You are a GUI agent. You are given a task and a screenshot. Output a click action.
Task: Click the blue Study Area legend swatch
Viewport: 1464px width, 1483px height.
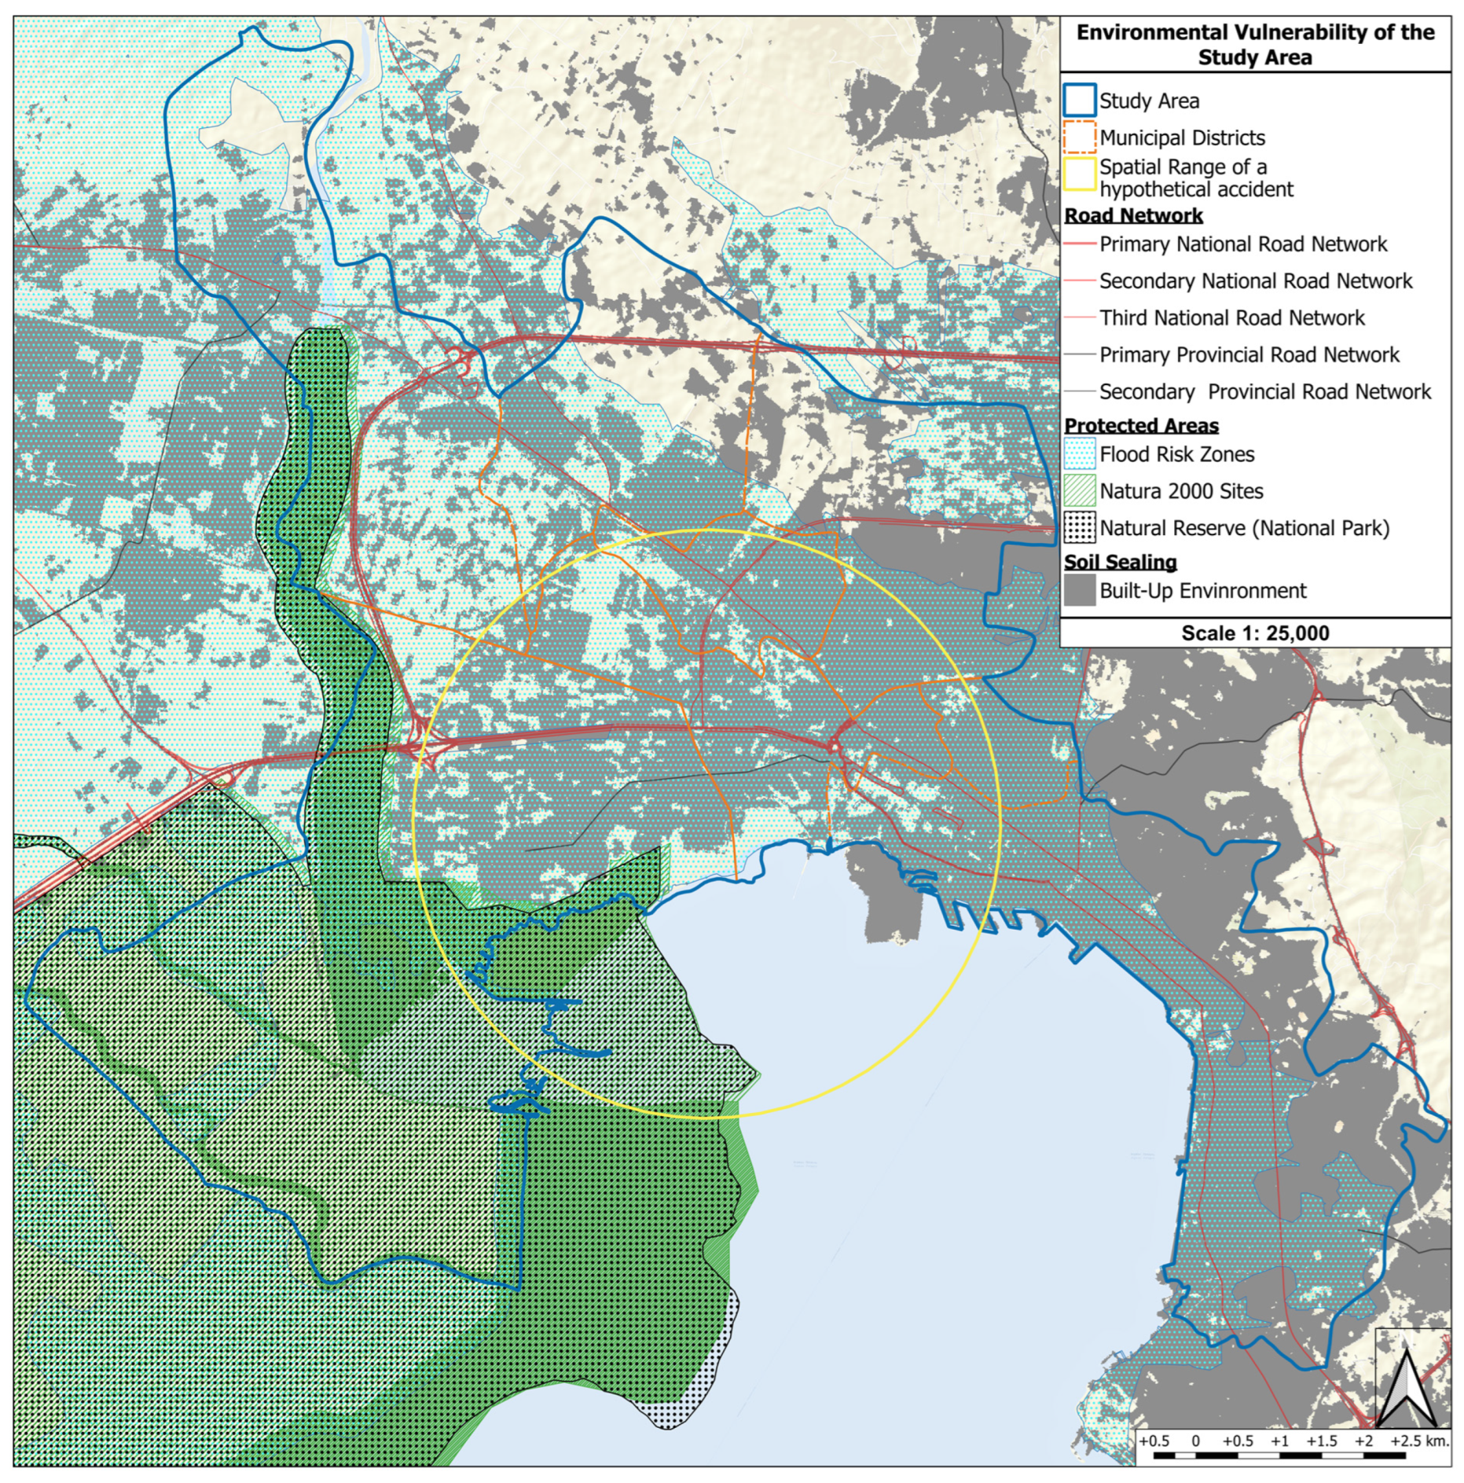click(1079, 101)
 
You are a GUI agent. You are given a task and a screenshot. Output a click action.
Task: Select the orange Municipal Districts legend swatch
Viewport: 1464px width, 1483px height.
click(1079, 138)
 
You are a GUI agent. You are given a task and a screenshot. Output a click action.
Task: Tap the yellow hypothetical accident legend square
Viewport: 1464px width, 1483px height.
click(1079, 175)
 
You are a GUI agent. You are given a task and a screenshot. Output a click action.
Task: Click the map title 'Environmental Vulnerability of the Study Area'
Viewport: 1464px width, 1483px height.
click(1254, 45)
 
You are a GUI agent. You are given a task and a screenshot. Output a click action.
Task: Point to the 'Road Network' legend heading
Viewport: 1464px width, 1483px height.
click(1132, 215)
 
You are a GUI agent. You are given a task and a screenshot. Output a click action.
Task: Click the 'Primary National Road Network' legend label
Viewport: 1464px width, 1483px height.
click(1242, 244)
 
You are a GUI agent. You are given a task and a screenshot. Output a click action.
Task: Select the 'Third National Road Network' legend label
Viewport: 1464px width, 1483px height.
click(1231, 318)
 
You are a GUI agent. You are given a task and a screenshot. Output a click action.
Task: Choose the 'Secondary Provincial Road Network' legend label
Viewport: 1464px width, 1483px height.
click(1264, 391)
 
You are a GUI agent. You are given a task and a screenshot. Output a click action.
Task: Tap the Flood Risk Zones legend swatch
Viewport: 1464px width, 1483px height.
click(1079, 454)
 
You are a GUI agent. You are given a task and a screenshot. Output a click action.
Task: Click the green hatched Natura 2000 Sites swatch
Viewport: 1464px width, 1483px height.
click(1079, 491)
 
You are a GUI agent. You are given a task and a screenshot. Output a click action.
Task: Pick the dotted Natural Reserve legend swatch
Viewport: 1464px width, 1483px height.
click(1079, 528)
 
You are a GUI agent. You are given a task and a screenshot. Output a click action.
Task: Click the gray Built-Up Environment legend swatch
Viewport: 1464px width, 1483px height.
click(1079, 590)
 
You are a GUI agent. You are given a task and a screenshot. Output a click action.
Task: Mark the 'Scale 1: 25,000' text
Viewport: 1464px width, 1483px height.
click(1254, 633)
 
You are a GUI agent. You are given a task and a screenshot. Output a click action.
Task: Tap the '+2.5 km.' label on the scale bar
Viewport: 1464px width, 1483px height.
click(1418, 1441)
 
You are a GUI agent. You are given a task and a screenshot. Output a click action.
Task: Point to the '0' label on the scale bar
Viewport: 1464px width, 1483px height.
click(1195, 1441)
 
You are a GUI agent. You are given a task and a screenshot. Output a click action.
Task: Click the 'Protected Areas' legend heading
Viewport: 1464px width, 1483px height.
click(1141, 425)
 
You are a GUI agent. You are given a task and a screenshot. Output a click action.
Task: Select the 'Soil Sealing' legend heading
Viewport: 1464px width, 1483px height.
click(1120, 562)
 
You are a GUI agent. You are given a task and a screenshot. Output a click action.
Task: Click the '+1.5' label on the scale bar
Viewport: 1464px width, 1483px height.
click(1321, 1441)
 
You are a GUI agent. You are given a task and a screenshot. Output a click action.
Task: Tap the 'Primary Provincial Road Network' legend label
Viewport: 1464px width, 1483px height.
click(1249, 355)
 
